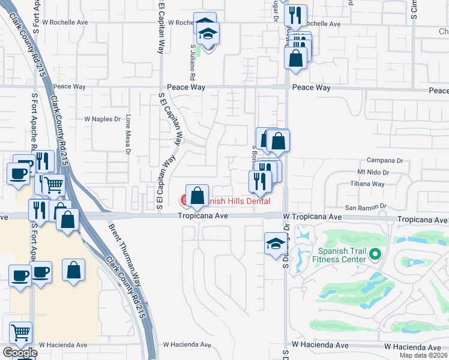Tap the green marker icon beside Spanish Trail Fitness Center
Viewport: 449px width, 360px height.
click(x=376, y=254)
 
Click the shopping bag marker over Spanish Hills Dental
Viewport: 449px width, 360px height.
click(x=197, y=196)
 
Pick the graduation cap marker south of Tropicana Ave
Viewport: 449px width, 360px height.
click(x=275, y=244)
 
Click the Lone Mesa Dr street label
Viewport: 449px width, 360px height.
click(x=128, y=135)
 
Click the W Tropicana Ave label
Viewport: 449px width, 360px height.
click(x=312, y=217)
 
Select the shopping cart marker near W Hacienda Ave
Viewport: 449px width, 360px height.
click(x=21, y=332)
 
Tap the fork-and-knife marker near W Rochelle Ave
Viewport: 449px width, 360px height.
click(x=295, y=15)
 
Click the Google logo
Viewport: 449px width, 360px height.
click(x=19, y=353)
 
